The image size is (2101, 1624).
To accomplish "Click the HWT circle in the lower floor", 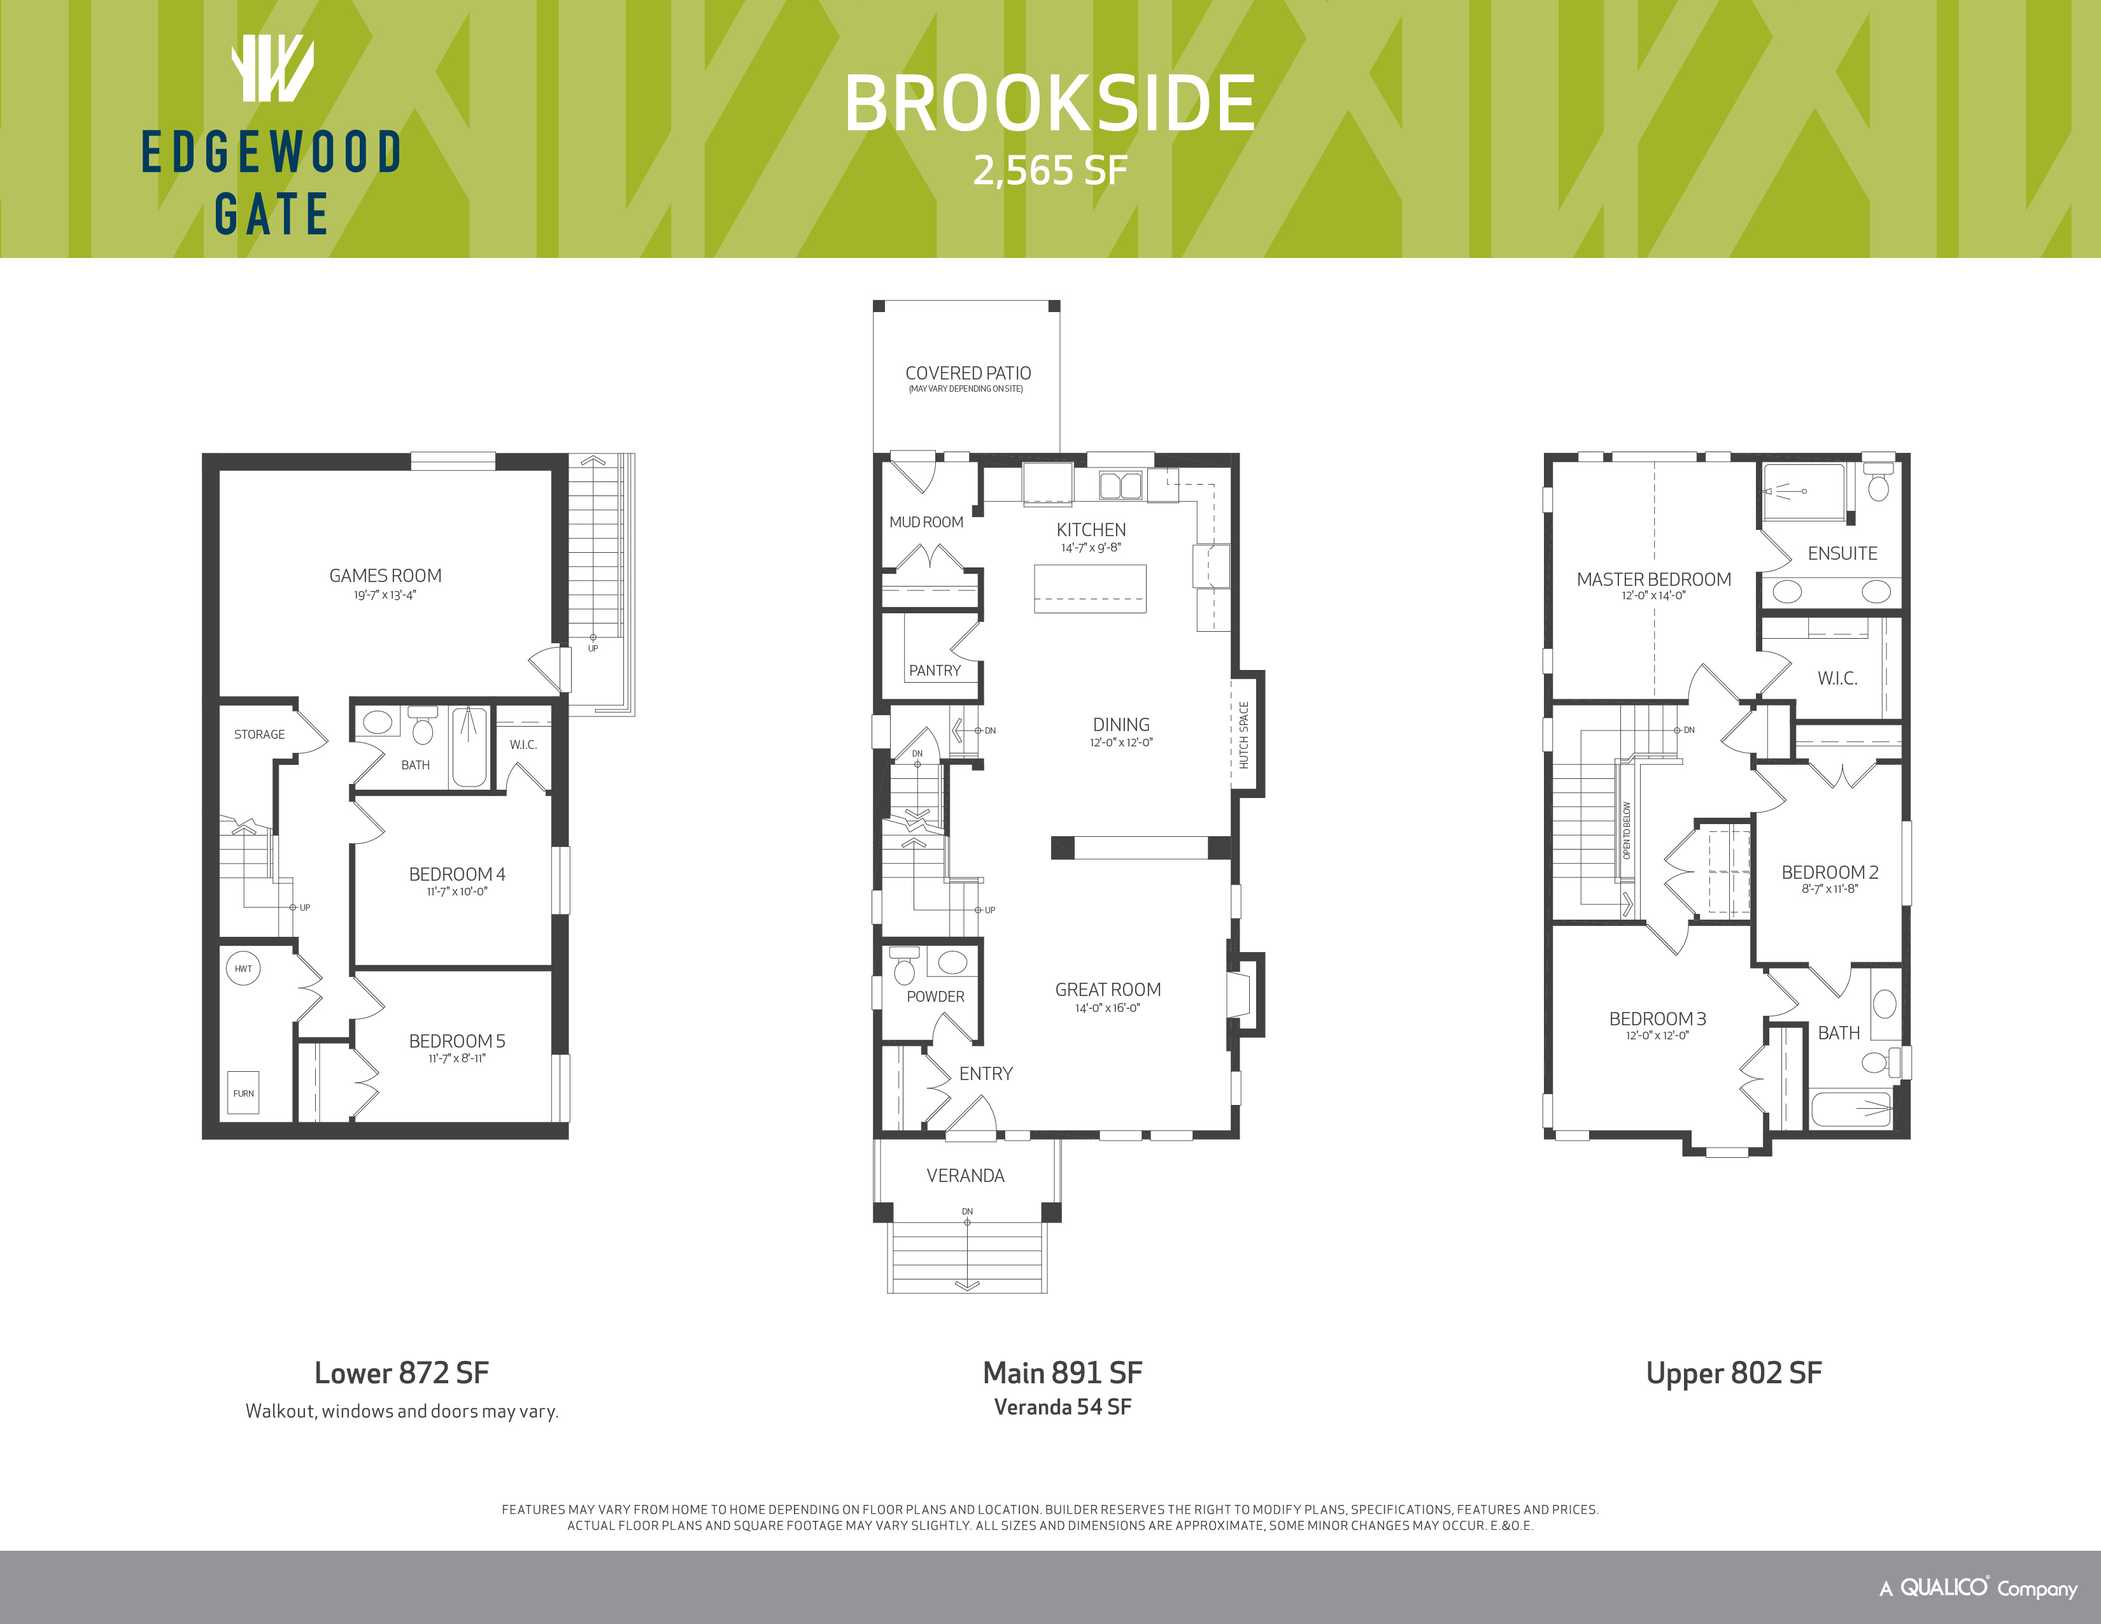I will point(243,969).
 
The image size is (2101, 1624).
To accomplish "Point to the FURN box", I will point(243,1093).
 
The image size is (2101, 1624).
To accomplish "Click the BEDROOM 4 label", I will point(457,874).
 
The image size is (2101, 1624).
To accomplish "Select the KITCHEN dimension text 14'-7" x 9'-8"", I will point(1091,548).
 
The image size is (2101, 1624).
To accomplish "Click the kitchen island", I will point(1090,589).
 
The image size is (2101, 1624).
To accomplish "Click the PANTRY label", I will point(934,671).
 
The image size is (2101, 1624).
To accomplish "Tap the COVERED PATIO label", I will point(968,373).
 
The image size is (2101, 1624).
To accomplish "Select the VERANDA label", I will point(965,1176).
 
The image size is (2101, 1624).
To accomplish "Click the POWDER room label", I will point(935,997).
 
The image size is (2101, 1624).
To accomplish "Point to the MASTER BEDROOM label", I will point(1653,579).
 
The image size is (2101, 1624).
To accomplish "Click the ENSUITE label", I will point(1843,553).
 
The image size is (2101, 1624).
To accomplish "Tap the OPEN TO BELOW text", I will point(1627,830).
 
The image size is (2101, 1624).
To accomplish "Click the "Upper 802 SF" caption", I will point(1734,1373).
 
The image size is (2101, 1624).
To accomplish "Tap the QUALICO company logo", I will point(1978,1588).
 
